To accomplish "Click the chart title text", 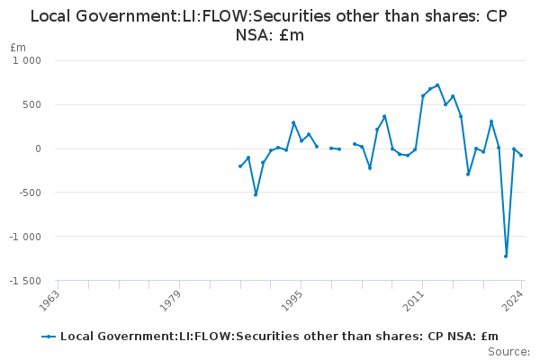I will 270,25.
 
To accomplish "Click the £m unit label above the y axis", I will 18,47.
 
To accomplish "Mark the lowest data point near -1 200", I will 506,256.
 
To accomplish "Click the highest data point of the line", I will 437,85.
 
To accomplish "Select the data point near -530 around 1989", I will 256,194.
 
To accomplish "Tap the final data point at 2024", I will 521,156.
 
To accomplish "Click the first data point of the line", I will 240,166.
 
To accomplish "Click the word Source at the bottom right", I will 510,352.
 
